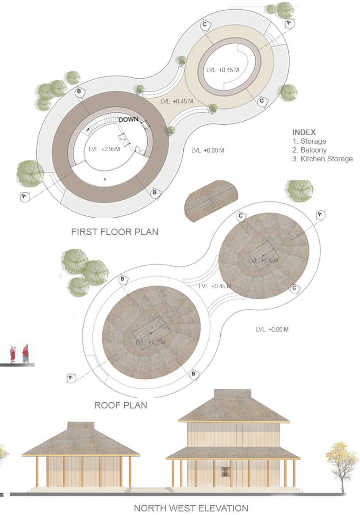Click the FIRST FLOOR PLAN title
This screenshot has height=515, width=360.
115,232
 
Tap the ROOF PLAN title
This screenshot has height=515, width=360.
120,405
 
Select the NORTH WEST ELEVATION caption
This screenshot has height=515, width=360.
191,508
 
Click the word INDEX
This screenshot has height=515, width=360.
304,132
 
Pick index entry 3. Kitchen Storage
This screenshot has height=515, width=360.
322,159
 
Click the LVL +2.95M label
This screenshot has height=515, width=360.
104,149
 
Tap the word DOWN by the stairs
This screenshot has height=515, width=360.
128,119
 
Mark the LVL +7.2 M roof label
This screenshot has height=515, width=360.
150,342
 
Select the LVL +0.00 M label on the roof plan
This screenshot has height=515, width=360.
272,329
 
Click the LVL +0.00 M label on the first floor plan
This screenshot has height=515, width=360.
207,150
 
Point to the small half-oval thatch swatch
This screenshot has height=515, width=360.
211,200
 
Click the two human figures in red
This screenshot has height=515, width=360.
19,354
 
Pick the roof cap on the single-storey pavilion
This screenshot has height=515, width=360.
80,425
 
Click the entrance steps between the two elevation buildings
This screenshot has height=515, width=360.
151,489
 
